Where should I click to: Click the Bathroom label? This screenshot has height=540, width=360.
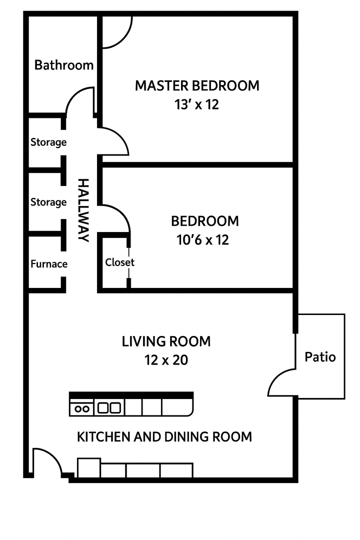(x=64, y=64)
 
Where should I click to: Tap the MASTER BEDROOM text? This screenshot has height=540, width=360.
(x=197, y=85)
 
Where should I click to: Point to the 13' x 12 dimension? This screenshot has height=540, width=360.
(x=196, y=104)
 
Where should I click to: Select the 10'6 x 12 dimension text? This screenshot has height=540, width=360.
(x=202, y=239)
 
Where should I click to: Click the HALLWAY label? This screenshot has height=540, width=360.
(x=83, y=210)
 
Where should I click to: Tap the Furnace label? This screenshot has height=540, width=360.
(x=49, y=264)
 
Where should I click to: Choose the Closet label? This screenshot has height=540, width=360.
(x=119, y=262)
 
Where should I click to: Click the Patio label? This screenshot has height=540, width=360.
(x=320, y=357)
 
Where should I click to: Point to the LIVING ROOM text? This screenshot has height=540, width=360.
(x=166, y=341)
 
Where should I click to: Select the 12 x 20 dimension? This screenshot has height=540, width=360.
(x=166, y=360)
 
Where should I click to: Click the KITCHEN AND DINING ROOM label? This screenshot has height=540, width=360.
(x=164, y=436)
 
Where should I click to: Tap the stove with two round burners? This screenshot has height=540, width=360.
(x=81, y=408)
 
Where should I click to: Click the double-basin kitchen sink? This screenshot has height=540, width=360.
(x=109, y=408)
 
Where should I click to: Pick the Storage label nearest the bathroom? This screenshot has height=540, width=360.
(x=48, y=142)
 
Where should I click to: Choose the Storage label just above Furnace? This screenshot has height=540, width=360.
(x=48, y=202)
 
